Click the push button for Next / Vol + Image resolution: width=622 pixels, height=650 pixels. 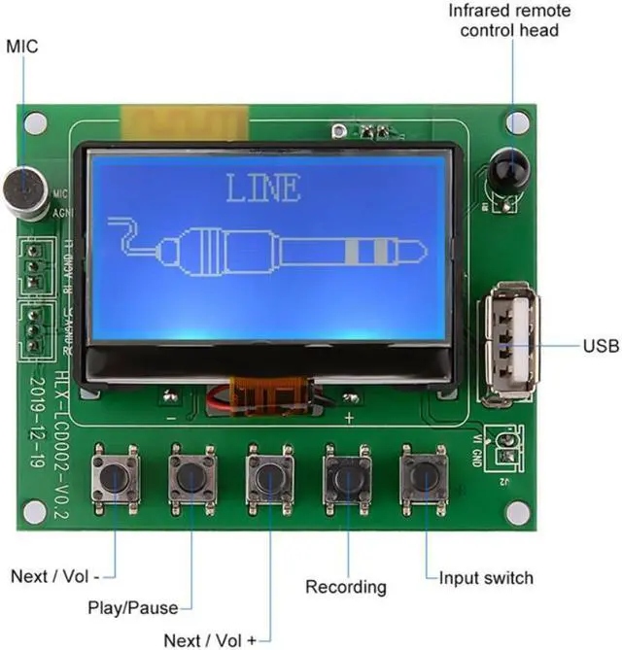270,476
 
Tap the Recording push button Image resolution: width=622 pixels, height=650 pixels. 347,476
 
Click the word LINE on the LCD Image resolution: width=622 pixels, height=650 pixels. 262,188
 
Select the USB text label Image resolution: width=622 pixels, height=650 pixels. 600,345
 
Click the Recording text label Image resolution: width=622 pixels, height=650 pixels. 346,586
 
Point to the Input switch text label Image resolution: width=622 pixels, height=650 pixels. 486,577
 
